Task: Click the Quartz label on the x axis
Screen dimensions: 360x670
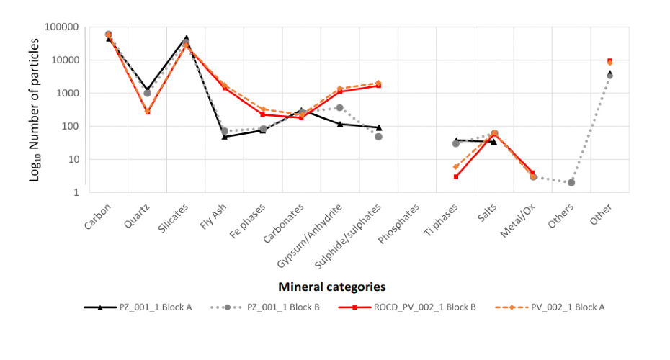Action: [138, 214]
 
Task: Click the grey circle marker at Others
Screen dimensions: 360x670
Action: [571, 183]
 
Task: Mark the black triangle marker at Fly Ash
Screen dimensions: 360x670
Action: [225, 136]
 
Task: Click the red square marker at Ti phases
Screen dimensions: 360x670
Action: [456, 176]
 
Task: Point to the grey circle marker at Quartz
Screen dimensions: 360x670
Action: [148, 93]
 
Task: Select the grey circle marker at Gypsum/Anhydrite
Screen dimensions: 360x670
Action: [340, 107]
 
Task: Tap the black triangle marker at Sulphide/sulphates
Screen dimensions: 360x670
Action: [379, 127]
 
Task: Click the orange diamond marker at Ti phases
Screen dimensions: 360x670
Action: [456, 167]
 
